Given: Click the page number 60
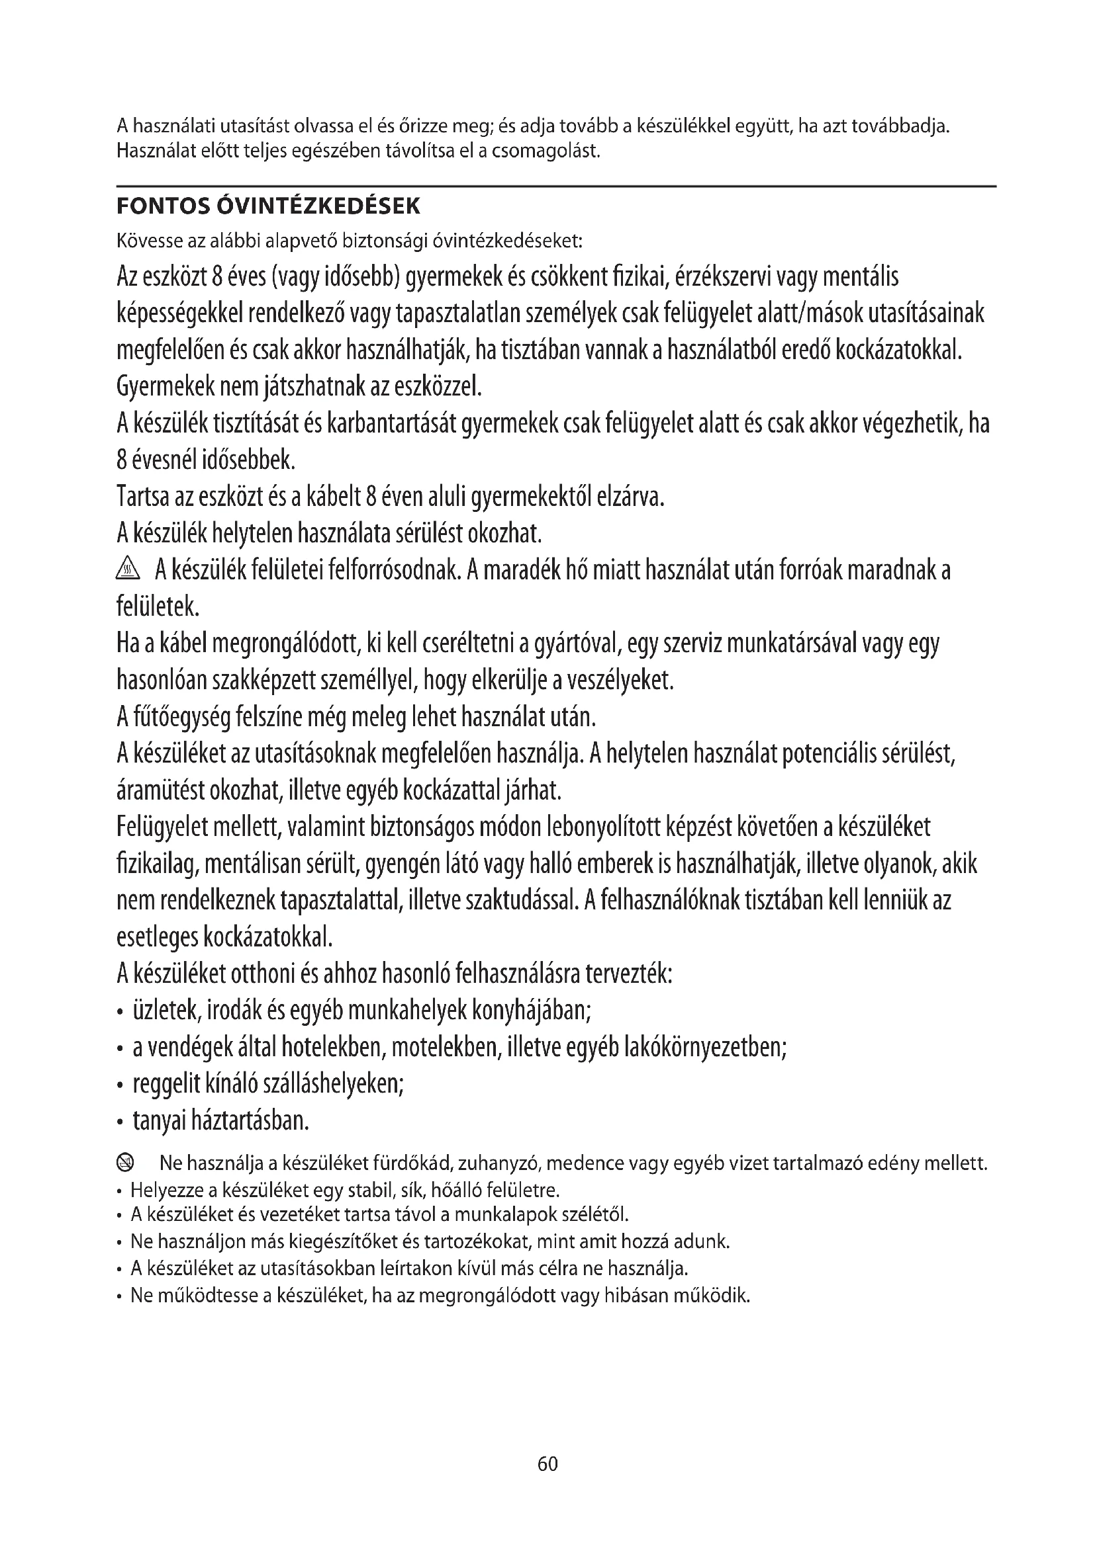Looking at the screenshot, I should (x=547, y=1464).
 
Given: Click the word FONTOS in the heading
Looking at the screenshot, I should (x=162, y=206).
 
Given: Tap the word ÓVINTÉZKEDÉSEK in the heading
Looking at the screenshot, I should (x=318, y=206).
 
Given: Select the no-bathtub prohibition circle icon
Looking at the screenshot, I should (x=126, y=1162).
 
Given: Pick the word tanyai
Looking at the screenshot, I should (x=159, y=1120).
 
